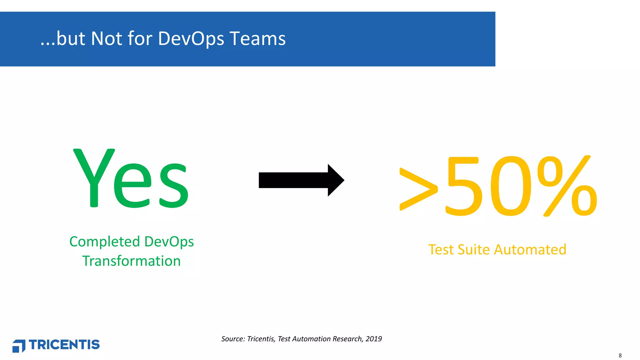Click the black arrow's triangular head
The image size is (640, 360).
(335, 180)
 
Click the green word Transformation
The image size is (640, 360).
(131, 261)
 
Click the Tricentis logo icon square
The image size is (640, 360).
(19, 346)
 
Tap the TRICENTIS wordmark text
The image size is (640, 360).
(64, 345)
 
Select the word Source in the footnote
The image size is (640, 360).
(232, 339)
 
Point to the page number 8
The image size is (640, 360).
(620, 356)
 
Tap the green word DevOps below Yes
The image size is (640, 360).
(169, 242)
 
